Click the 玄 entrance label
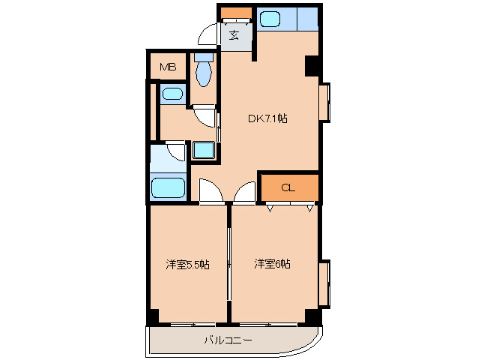[234, 34]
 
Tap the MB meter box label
[167, 67]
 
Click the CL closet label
[288, 187]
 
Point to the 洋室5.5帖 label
[187, 264]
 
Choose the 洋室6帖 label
[272, 264]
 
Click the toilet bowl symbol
[203, 71]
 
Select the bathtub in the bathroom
[169, 187]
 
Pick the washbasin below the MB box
[172, 94]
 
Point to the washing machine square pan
[203, 148]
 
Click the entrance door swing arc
[208, 36]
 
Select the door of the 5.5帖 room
[211, 192]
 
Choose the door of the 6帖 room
[245, 192]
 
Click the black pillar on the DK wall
[312, 66]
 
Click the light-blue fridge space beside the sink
[307, 18]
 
